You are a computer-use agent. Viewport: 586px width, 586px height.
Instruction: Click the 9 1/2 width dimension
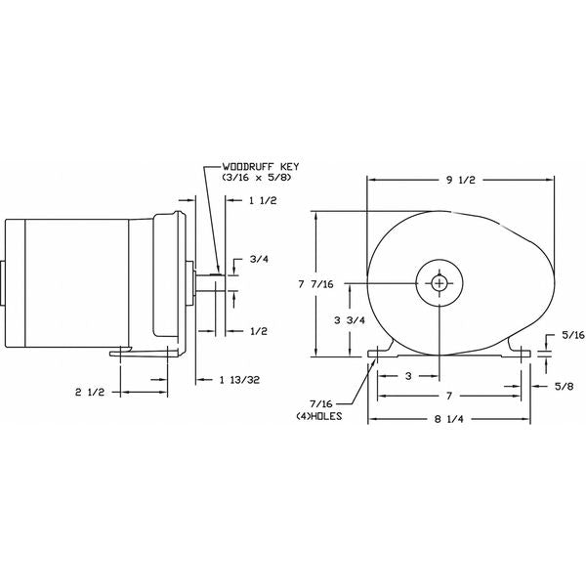click(461, 180)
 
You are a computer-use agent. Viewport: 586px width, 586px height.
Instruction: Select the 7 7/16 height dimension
click(315, 284)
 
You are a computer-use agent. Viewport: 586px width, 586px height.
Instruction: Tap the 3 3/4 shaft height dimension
click(350, 320)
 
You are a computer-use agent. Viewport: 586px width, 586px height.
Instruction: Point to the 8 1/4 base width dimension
click(449, 419)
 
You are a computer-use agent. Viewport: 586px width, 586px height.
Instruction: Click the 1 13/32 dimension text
click(239, 380)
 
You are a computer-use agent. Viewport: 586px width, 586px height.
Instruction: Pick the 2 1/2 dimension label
click(90, 392)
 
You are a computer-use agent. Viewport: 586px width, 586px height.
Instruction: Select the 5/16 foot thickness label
click(573, 335)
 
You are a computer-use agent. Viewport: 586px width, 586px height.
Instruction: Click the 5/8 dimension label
click(564, 386)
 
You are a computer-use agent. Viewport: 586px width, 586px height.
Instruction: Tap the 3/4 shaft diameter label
click(259, 259)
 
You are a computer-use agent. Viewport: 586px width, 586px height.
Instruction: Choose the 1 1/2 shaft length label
click(263, 200)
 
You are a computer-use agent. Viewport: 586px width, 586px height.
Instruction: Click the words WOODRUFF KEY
click(261, 167)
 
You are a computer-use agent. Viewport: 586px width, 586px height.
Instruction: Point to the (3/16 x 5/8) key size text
click(256, 177)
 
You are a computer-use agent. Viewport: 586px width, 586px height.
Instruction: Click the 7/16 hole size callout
click(321, 404)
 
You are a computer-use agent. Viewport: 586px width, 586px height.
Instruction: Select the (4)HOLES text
click(319, 416)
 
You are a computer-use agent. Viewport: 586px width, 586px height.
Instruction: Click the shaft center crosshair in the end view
click(439, 283)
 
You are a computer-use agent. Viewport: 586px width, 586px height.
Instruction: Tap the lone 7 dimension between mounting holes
click(449, 396)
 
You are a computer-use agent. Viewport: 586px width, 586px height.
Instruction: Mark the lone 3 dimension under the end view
click(408, 376)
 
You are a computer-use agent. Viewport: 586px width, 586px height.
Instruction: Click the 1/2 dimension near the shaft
click(259, 331)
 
